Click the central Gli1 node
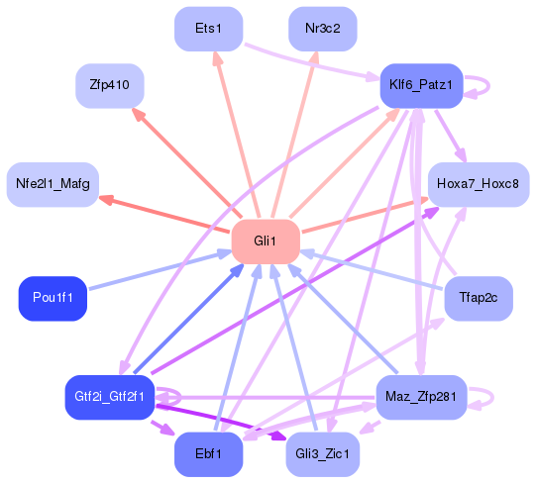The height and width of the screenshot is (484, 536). (266, 241)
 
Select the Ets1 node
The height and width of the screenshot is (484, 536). (208, 29)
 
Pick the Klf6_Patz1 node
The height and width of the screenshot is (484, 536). (421, 86)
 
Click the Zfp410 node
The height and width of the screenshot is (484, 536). (110, 86)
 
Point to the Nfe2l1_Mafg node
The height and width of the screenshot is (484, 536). (52, 185)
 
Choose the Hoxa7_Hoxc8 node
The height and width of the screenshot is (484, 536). (478, 185)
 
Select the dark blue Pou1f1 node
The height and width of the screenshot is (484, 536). (53, 298)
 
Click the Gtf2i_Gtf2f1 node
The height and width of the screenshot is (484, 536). (110, 396)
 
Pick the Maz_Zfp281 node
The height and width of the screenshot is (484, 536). (421, 396)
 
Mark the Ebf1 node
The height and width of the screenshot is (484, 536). (208, 454)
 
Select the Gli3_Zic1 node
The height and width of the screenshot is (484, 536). (322, 454)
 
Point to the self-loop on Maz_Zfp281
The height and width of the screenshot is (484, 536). (482, 396)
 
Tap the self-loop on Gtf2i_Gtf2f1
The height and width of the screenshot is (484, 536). (168, 396)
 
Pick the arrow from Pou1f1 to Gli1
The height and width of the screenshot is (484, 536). (159, 271)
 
